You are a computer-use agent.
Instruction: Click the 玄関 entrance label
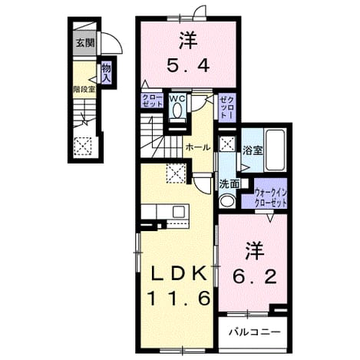[x=85, y=43]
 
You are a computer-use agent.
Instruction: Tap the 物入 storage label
[x=106, y=73]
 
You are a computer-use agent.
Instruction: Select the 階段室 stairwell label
[x=84, y=89]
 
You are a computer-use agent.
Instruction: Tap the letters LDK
[x=179, y=274]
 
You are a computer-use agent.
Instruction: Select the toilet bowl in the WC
[x=177, y=111]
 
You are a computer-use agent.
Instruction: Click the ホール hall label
[x=198, y=147]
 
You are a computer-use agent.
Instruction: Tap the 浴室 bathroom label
[x=253, y=150]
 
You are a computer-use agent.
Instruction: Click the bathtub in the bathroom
[x=276, y=150]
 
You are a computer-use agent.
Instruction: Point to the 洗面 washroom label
[x=230, y=184]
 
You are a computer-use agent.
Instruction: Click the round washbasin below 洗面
[x=227, y=200]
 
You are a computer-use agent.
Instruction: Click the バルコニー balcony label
[x=254, y=332]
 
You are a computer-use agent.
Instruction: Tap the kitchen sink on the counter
[x=178, y=212]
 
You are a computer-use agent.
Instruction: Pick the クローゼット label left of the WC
[x=152, y=101]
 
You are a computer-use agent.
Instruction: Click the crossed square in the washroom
[x=226, y=144]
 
